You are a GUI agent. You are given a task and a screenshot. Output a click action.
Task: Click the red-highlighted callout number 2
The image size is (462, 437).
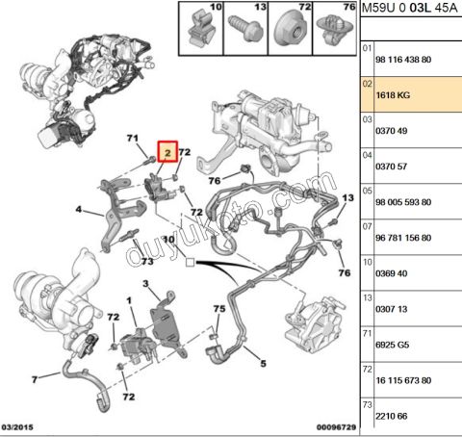(167, 151)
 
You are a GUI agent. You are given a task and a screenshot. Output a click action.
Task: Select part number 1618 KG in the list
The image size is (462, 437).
(393, 95)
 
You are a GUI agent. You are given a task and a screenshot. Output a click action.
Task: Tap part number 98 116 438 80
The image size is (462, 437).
(403, 60)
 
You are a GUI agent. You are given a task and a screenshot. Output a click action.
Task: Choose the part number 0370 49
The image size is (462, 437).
(392, 131)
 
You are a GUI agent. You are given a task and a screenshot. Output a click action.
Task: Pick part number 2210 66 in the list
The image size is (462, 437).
(392, 416)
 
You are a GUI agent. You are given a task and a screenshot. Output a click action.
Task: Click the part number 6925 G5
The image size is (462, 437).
(393, 345)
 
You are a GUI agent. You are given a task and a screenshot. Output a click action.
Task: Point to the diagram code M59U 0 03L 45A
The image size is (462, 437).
(409, 8)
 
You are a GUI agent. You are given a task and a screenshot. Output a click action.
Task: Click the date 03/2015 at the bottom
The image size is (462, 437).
(17, 427)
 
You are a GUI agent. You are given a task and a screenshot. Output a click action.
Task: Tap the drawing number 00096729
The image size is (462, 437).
(336, 427)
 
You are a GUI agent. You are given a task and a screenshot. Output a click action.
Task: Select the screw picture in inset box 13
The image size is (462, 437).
(244, 29)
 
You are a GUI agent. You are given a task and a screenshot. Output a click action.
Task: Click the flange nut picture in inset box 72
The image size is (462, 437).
(291, 30)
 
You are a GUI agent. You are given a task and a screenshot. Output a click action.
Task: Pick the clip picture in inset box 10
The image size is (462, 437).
(201, 28)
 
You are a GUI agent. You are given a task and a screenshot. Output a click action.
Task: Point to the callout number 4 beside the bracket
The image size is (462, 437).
(79, 210)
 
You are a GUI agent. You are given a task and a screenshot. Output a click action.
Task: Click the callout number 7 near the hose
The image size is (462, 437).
(35, 379)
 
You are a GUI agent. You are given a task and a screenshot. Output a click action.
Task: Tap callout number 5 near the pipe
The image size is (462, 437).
(263, 364)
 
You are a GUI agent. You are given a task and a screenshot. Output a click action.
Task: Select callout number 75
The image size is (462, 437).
(219, 309)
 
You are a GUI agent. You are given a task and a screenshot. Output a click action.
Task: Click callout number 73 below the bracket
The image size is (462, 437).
(147, 262)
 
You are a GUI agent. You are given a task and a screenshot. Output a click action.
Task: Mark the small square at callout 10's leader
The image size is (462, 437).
(190, 263)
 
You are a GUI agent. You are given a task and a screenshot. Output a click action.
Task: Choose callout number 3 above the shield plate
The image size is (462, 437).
(145, 284)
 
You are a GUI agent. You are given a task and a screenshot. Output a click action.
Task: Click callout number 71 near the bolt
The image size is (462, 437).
(133, 139)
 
